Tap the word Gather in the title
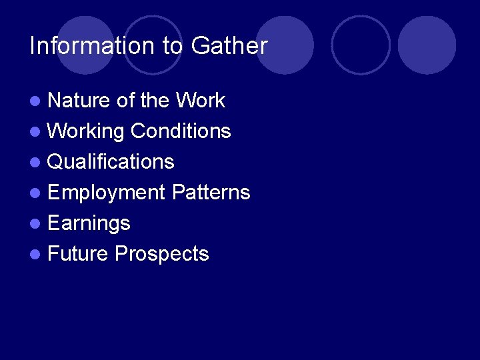coord(229,46)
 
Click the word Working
coord(86,131)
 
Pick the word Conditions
coord(181,131)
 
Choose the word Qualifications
coord(111,162)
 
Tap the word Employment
coord(106,193)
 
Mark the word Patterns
coord(211,193)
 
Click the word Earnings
coord(89,223)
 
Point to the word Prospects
coord(161,254)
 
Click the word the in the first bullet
coord(155,101)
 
